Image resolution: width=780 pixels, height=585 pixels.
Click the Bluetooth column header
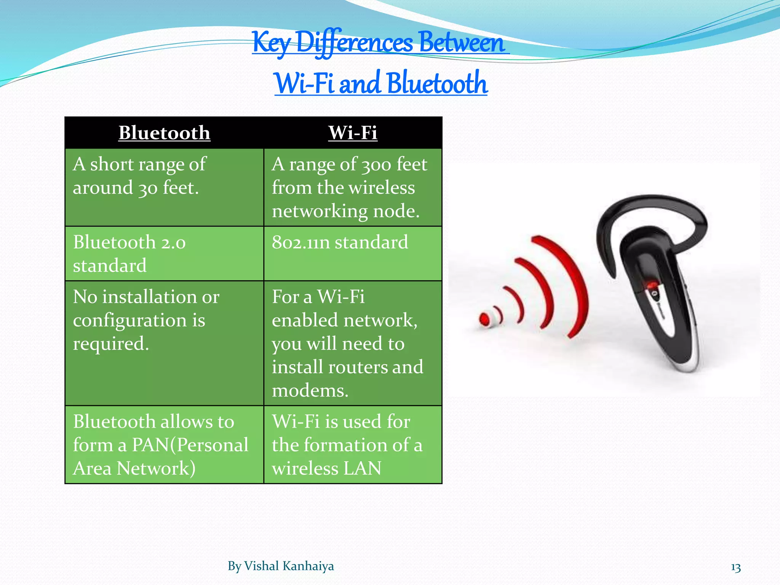click(x=164, y=133)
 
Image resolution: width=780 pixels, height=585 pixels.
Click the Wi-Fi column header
click(x=353, y=133)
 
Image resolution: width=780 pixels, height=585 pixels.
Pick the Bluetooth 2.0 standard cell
click(x=164, y=254)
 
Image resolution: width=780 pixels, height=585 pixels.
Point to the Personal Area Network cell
click(x=164, y=444)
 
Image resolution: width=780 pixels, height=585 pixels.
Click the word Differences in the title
click(x=354, y=43)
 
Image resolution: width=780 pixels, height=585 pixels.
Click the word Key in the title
click(x=272, y=43)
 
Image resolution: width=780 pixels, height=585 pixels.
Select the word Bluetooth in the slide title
click(x=438, y=83)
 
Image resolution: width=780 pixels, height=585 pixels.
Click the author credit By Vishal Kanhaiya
click(x=281, y=566)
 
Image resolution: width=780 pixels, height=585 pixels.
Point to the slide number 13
click(x=736, y=568)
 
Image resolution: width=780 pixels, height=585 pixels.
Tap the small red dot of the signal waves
click(x=484, y=319)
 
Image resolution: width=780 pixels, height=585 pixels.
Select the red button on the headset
click(x=652, y=285)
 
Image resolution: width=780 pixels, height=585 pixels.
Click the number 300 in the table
click(x=376, y=165)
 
